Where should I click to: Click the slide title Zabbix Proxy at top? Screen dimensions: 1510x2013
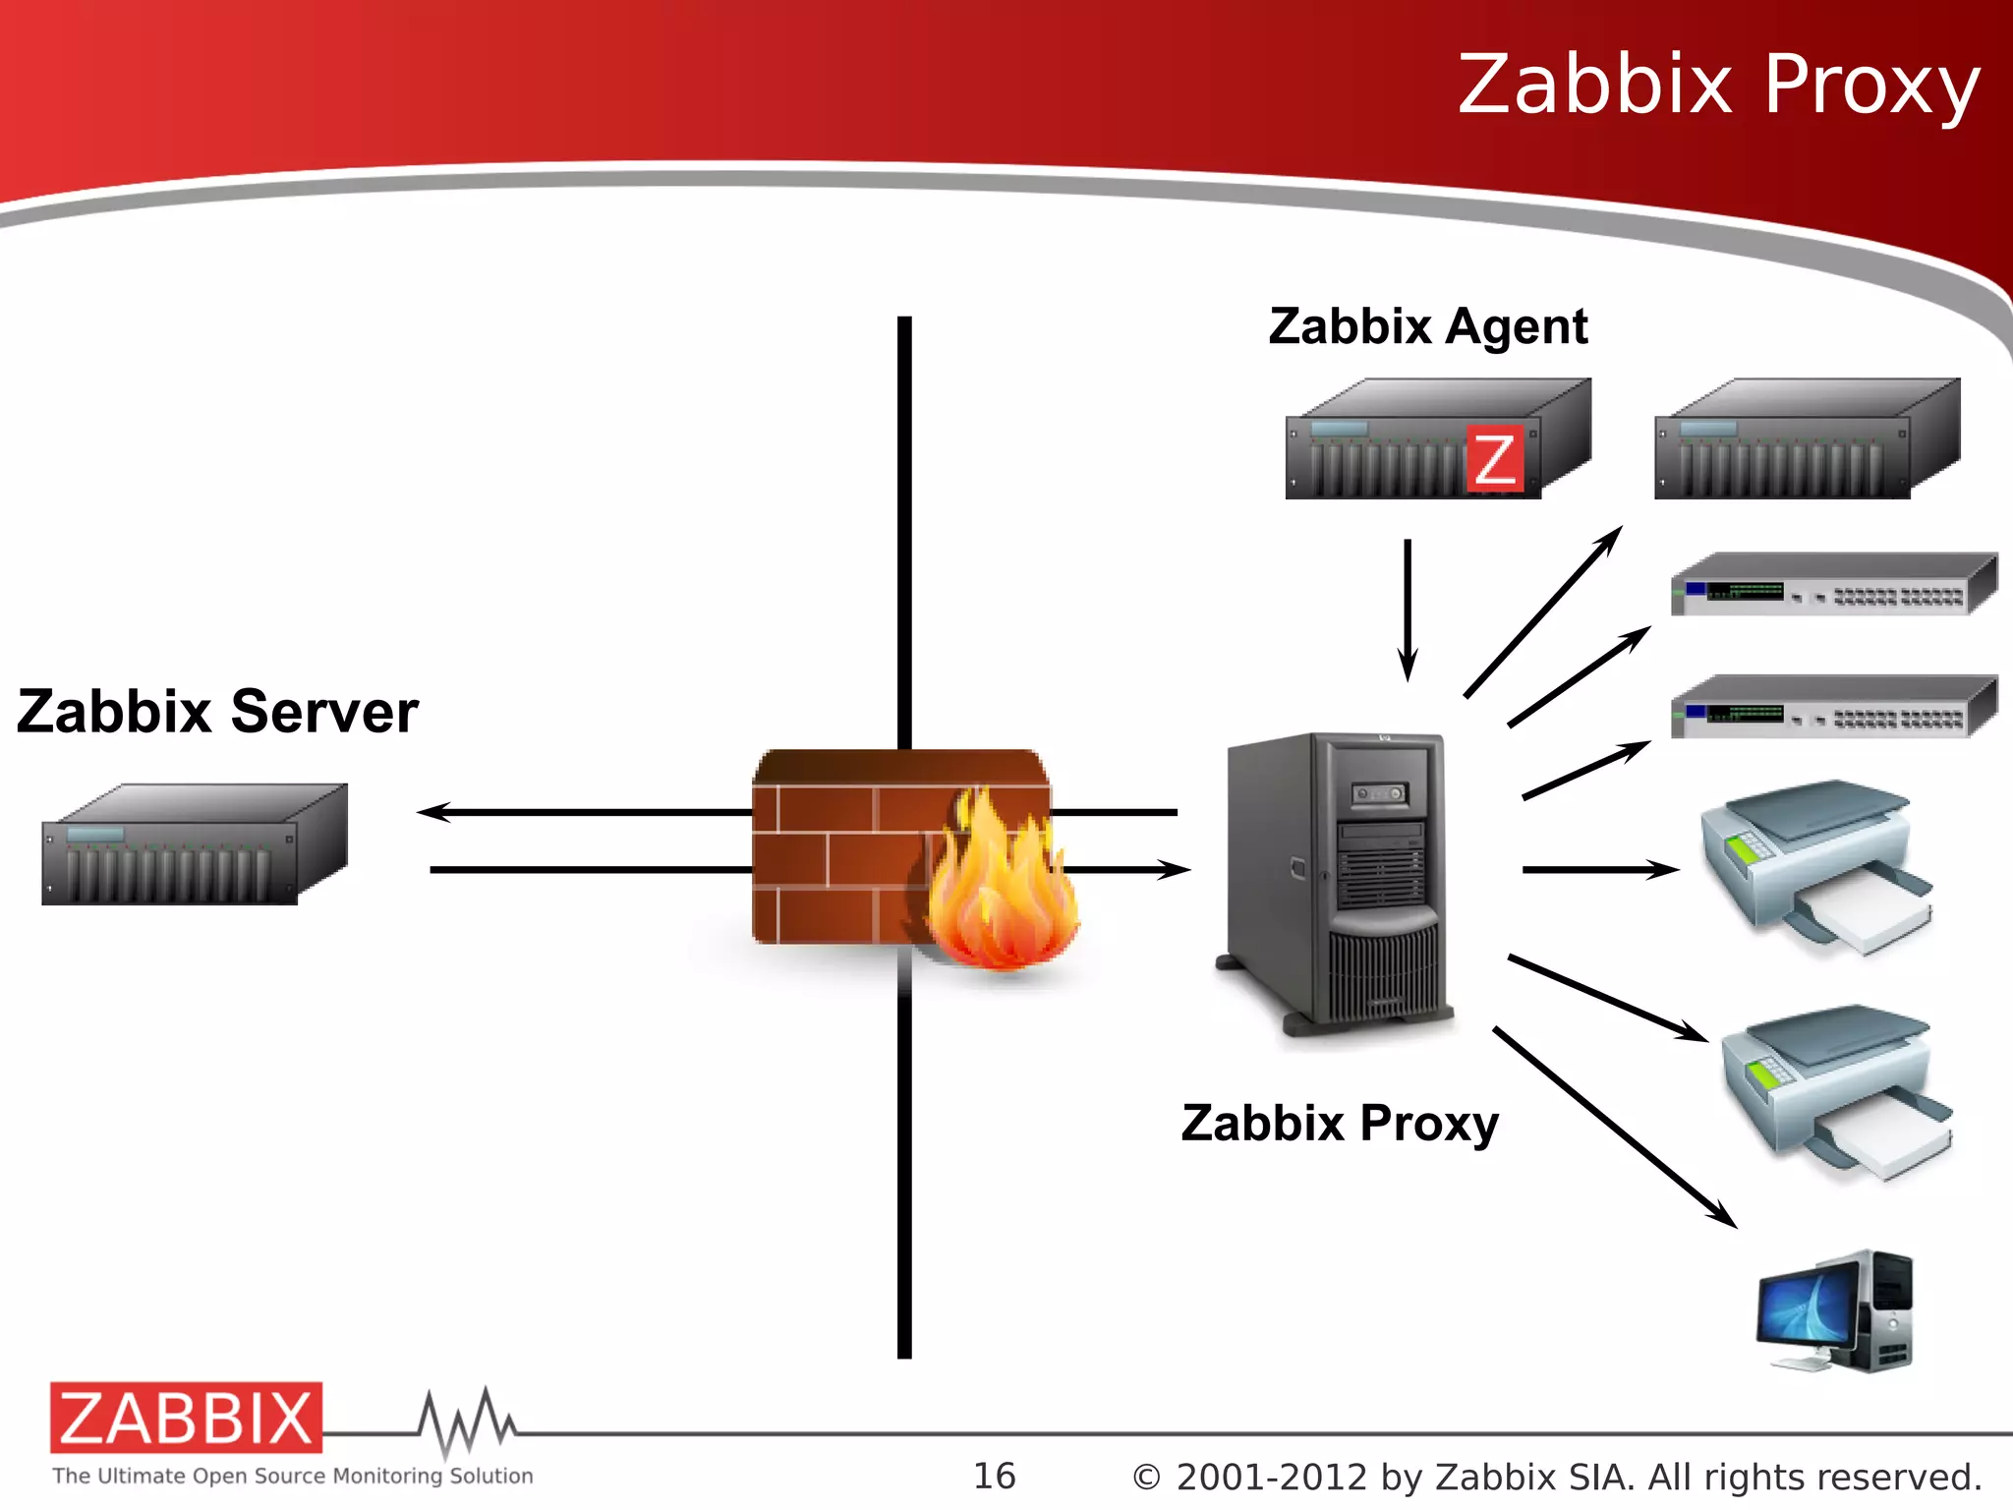1717,87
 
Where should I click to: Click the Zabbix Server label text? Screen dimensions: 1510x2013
217,712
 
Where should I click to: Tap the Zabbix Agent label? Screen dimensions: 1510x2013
1427,327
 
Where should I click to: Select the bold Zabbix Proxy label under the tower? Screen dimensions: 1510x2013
1340,1124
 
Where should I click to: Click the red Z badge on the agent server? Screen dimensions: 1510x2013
1494,458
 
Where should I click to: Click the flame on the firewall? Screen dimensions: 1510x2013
998,885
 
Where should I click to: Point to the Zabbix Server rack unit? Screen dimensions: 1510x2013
194,845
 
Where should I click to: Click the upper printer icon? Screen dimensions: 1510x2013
1816,865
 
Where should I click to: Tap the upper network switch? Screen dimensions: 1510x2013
1833,586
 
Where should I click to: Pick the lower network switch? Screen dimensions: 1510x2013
1833,707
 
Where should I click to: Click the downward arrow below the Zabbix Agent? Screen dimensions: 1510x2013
1408,610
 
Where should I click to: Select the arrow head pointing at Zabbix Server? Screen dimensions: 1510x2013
432,812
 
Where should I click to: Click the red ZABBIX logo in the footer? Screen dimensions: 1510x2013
186,1418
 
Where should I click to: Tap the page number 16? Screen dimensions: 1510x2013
994,1476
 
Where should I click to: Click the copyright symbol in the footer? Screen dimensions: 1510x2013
1146,1478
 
